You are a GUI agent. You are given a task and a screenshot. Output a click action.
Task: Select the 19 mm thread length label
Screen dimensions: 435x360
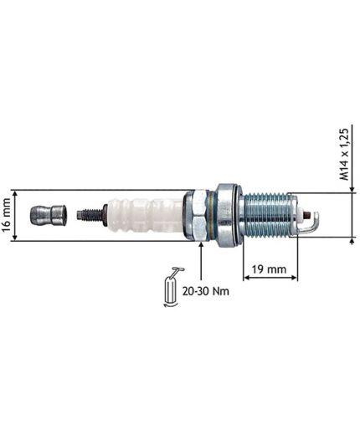click(x=269, y=269)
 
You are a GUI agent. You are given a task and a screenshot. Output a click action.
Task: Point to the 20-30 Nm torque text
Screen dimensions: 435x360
click(x=206, y=292)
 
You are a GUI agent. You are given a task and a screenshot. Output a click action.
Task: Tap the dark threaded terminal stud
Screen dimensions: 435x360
click(x=87, y=216)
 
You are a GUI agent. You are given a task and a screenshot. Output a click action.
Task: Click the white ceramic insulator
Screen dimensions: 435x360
click(x=142, y=216)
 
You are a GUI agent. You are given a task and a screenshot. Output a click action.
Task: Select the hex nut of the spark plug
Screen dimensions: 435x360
click(x=198, y=216)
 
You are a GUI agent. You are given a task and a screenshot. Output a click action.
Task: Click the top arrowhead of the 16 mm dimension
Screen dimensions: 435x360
click(x=18, y=192)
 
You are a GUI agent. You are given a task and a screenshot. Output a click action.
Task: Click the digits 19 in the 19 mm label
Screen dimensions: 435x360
click(x=258, y=269)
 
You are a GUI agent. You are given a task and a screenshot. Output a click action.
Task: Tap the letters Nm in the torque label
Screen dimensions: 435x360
click(x=221, y=292)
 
